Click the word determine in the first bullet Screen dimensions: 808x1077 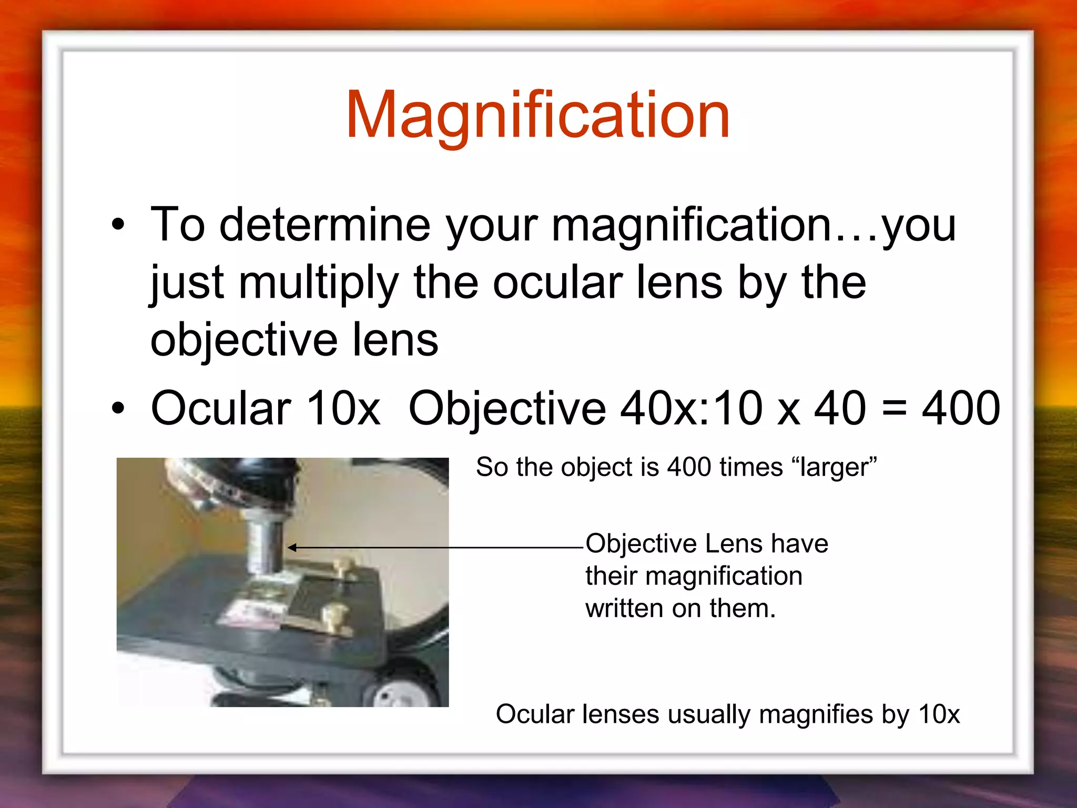pyautogui.click(x=324, y=225)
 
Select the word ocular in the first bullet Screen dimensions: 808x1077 pyautogui.click(x=557, y=283)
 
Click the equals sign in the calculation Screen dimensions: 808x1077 pyautogui.click(x=893, y=409)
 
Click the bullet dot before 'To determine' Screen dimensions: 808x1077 pyautogui.click(x=118, y=225)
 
